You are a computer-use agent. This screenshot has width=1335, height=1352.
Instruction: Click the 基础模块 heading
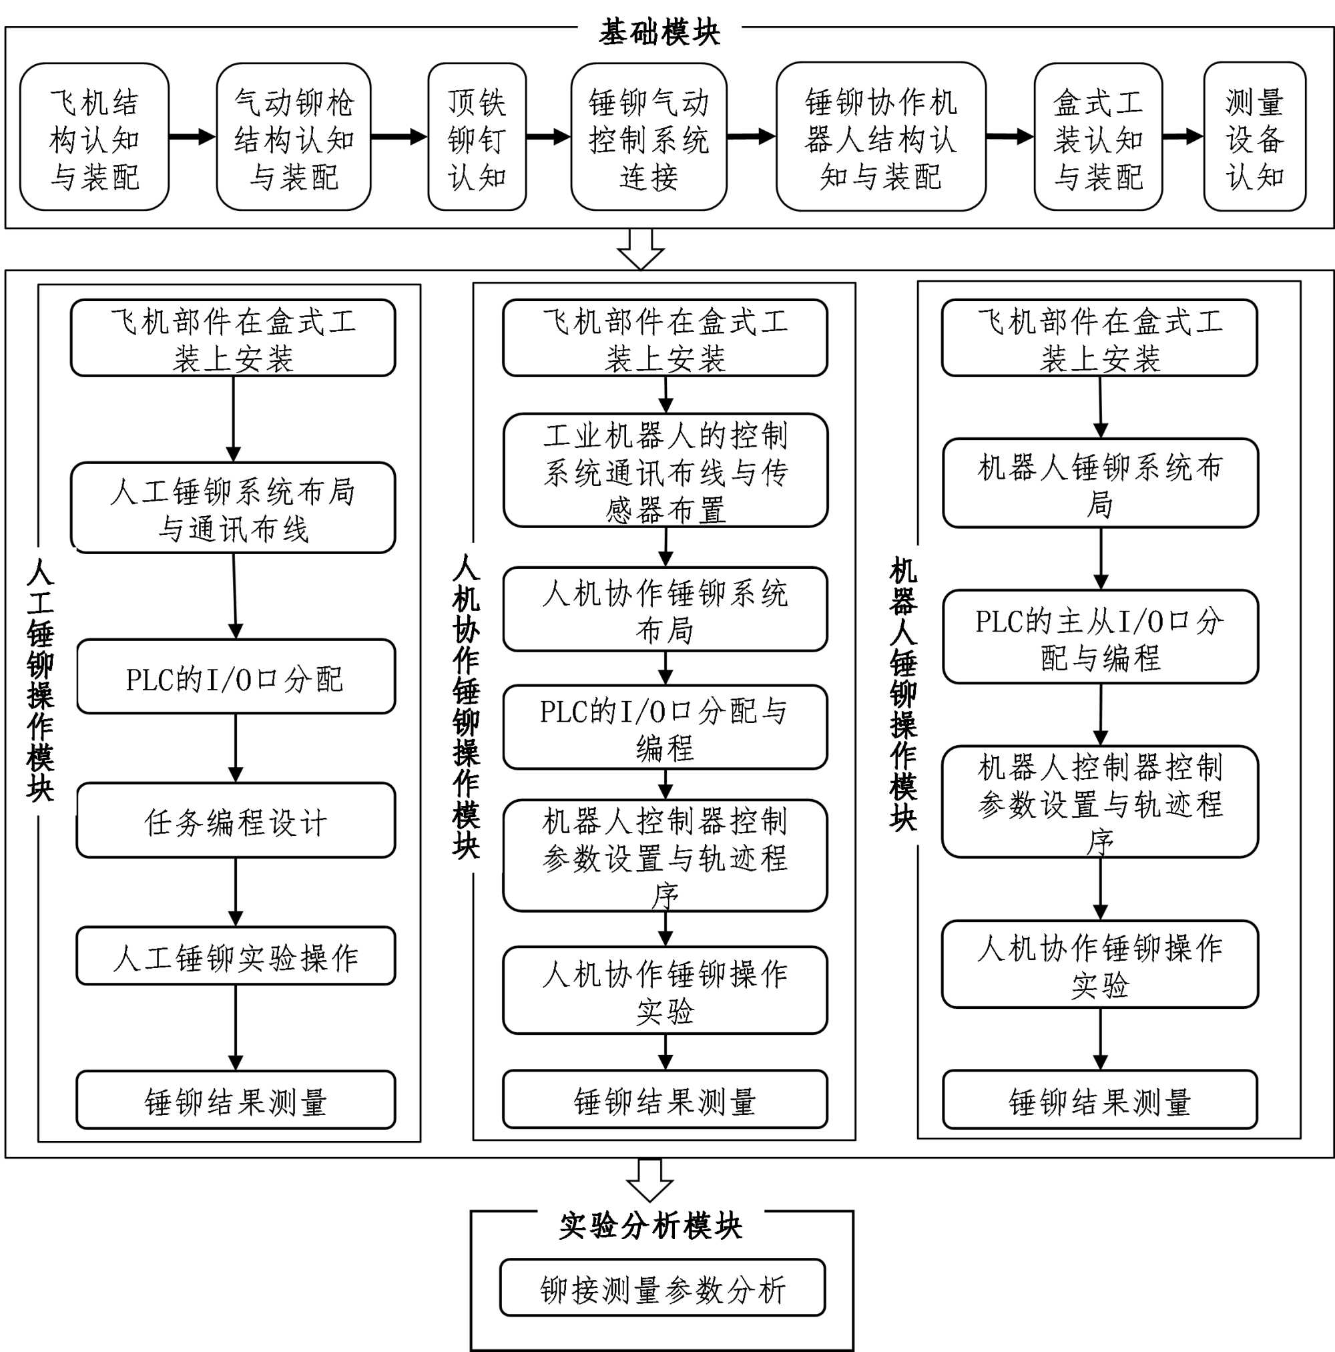click(x=659, y=32)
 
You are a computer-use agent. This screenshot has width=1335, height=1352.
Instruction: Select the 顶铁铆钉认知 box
click(x=477, y=137)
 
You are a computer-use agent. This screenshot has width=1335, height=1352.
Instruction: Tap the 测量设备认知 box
click(x=1254, y=137)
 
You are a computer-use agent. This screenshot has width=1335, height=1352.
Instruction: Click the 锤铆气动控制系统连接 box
click(x=649, y=137)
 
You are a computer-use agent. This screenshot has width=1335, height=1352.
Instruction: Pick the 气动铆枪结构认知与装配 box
click(x=293, y=137)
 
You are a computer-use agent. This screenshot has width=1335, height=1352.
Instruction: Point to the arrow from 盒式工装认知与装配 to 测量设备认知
click(x=1182, y=136)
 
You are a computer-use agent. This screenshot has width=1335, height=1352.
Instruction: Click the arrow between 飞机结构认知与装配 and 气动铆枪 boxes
click(x=192, y=136)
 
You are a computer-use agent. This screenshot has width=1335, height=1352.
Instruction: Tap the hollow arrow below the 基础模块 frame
click(x=640, y=249)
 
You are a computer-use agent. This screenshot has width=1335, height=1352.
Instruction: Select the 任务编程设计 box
click(x=236, y=820)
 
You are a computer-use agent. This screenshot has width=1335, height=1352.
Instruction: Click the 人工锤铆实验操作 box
click(x=236, y=956)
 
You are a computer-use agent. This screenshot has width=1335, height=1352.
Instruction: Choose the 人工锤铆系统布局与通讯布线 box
click(x=233, y=508)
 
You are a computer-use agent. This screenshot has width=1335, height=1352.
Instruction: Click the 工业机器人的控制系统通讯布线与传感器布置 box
click(x=665, y=470)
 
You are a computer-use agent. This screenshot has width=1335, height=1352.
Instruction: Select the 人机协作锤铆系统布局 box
click(x=665, y=610)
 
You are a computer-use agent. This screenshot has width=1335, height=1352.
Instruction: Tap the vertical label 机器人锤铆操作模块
click(x=903, y=693)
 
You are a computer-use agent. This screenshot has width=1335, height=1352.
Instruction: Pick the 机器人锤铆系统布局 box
click(x=1100, y=483)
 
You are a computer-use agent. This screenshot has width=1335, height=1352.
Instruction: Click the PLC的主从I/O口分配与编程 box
click(x=1100, y=637)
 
